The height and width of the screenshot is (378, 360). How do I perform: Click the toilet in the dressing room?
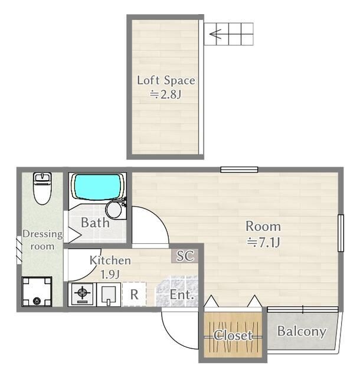click(x=42, y=188)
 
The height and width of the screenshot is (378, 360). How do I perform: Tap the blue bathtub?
click(x=97, y=187)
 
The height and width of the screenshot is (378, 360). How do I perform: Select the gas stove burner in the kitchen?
click(x=82, y=294)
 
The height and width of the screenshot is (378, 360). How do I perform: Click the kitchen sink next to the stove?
click(x=109, y=294)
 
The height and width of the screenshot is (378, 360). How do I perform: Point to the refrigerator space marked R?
click(x=134, y=294)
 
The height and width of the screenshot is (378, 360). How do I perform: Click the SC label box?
click(x=185, y=256)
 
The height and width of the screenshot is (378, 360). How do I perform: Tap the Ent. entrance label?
click(x=182, y=295)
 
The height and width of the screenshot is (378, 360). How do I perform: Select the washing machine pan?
click(x=37, y=292)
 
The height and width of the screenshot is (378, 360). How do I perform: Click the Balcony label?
click(x=302, y=331)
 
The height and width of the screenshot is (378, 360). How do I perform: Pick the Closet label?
click(x=233, y=335)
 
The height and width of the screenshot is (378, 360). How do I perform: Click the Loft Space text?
click(x=166, y=80)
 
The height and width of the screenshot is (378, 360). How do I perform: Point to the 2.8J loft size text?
click(x=165, y=94)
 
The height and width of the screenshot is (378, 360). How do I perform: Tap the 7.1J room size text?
click(x=263, y=242)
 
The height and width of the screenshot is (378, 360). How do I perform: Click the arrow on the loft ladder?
click(x=215, y=34)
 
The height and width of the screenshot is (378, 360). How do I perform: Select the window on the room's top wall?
click(x=239, y=170)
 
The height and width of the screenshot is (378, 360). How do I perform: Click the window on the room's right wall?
click(x=341, y=233)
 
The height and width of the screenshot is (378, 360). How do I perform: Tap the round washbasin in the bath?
click(x=114, y=209)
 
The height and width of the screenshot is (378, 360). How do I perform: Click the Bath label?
click(x=95, y=223)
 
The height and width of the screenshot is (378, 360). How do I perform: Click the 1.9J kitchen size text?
click(x=110, y=274)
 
